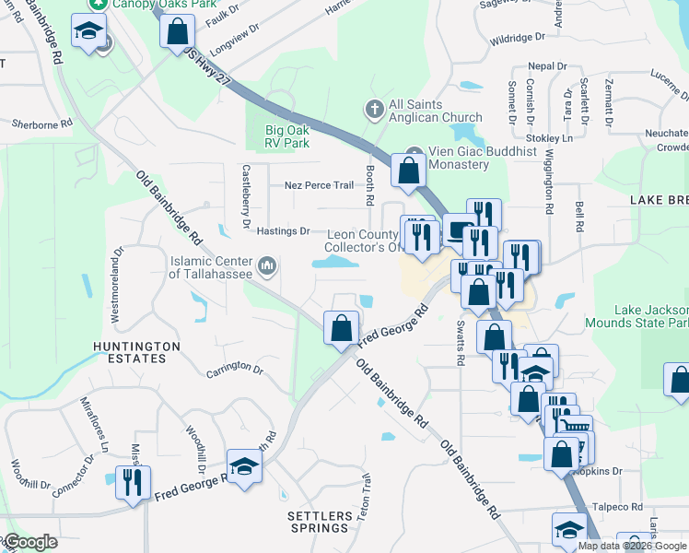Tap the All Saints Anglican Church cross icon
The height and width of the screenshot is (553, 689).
pos(374,111)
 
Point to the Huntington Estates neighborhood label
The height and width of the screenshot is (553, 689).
pos(136,352)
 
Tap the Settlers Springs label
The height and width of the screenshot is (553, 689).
pos(320,522)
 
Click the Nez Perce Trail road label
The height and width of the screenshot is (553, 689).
pos(319,185)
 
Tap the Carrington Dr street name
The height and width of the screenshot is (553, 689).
pos(235,367)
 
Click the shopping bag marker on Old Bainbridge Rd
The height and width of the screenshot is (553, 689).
pos(341,327)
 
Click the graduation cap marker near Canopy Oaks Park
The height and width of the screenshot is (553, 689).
pos(88,36)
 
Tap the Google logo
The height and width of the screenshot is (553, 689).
pos(31,542)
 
